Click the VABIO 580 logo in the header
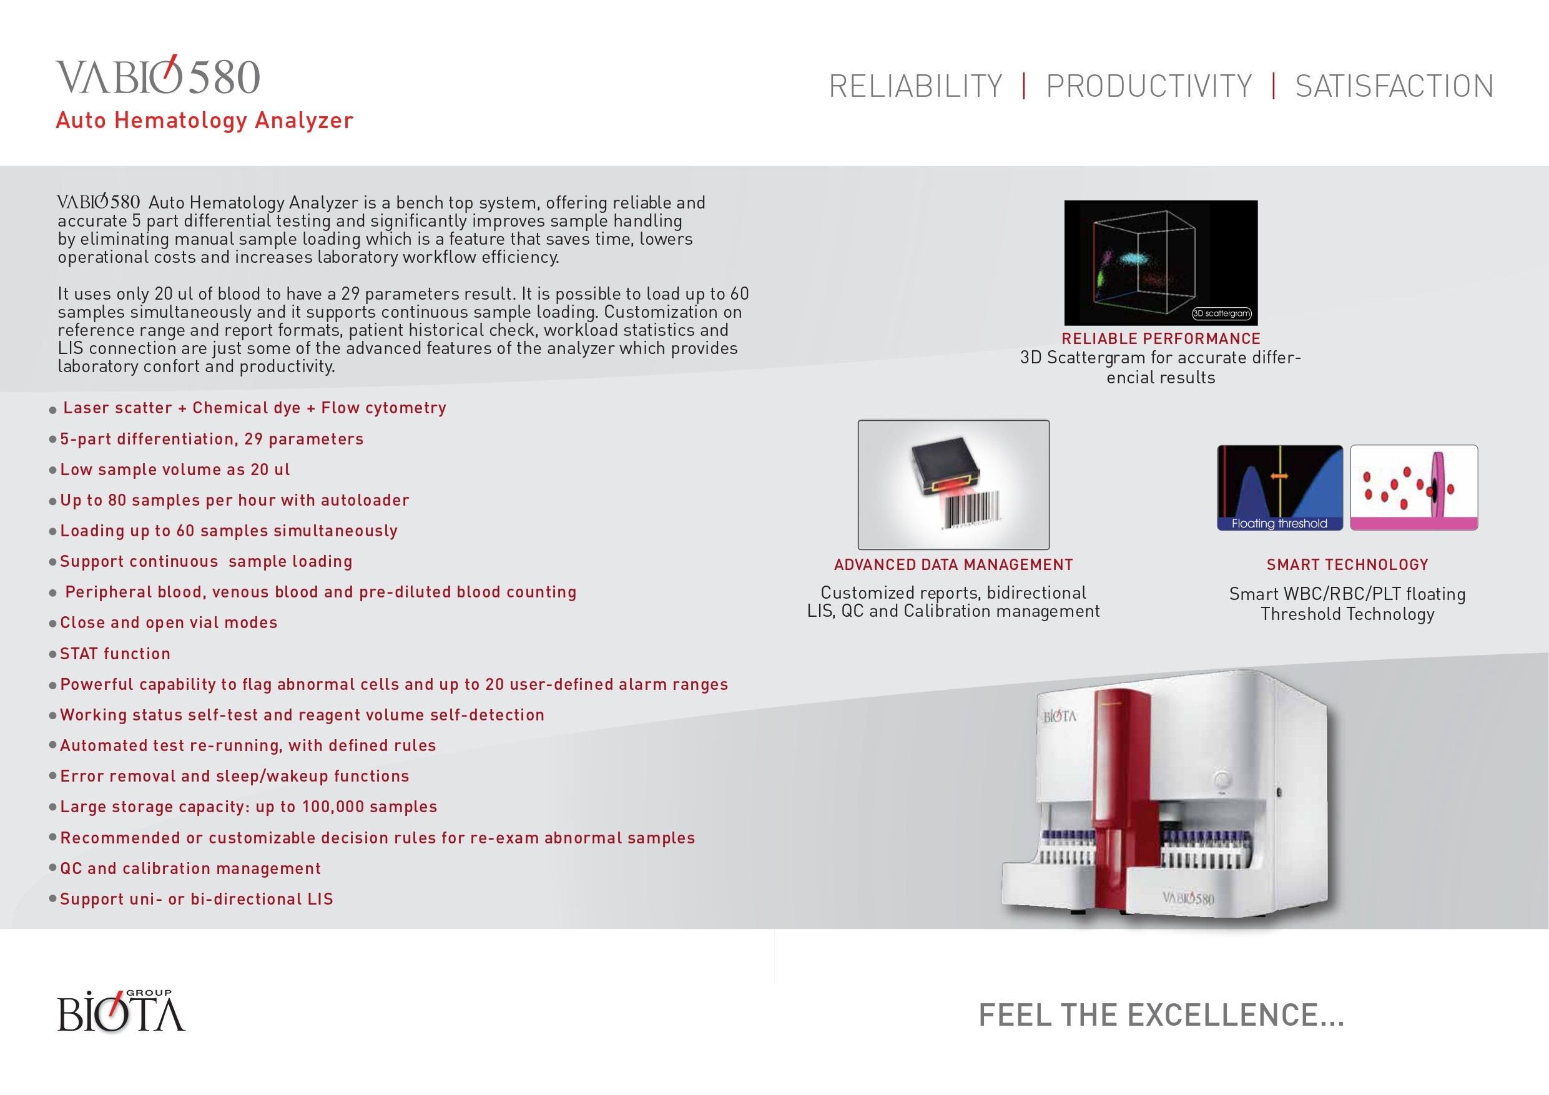coord(158,76)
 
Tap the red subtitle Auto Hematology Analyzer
coord(204,120)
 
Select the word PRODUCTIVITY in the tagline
coord(1148,86)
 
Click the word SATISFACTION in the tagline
coord(1394,86)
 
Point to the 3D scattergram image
coord(1161,262)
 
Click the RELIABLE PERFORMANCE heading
coord(1161,339)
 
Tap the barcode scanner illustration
coord(953,484)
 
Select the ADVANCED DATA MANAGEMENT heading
coord(953,565)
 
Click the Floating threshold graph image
coord(1280,487)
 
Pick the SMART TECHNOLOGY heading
coord(1347,565)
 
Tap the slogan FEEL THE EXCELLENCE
coord(1161,1014)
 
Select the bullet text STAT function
coord(116,654)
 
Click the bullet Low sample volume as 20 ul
coord(175,469)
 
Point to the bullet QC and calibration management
coord(190,868)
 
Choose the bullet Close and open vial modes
coord(169,622)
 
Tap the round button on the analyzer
coord(1222,778)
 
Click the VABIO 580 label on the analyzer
coord(1188,898)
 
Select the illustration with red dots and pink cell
coord(1414,487)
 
